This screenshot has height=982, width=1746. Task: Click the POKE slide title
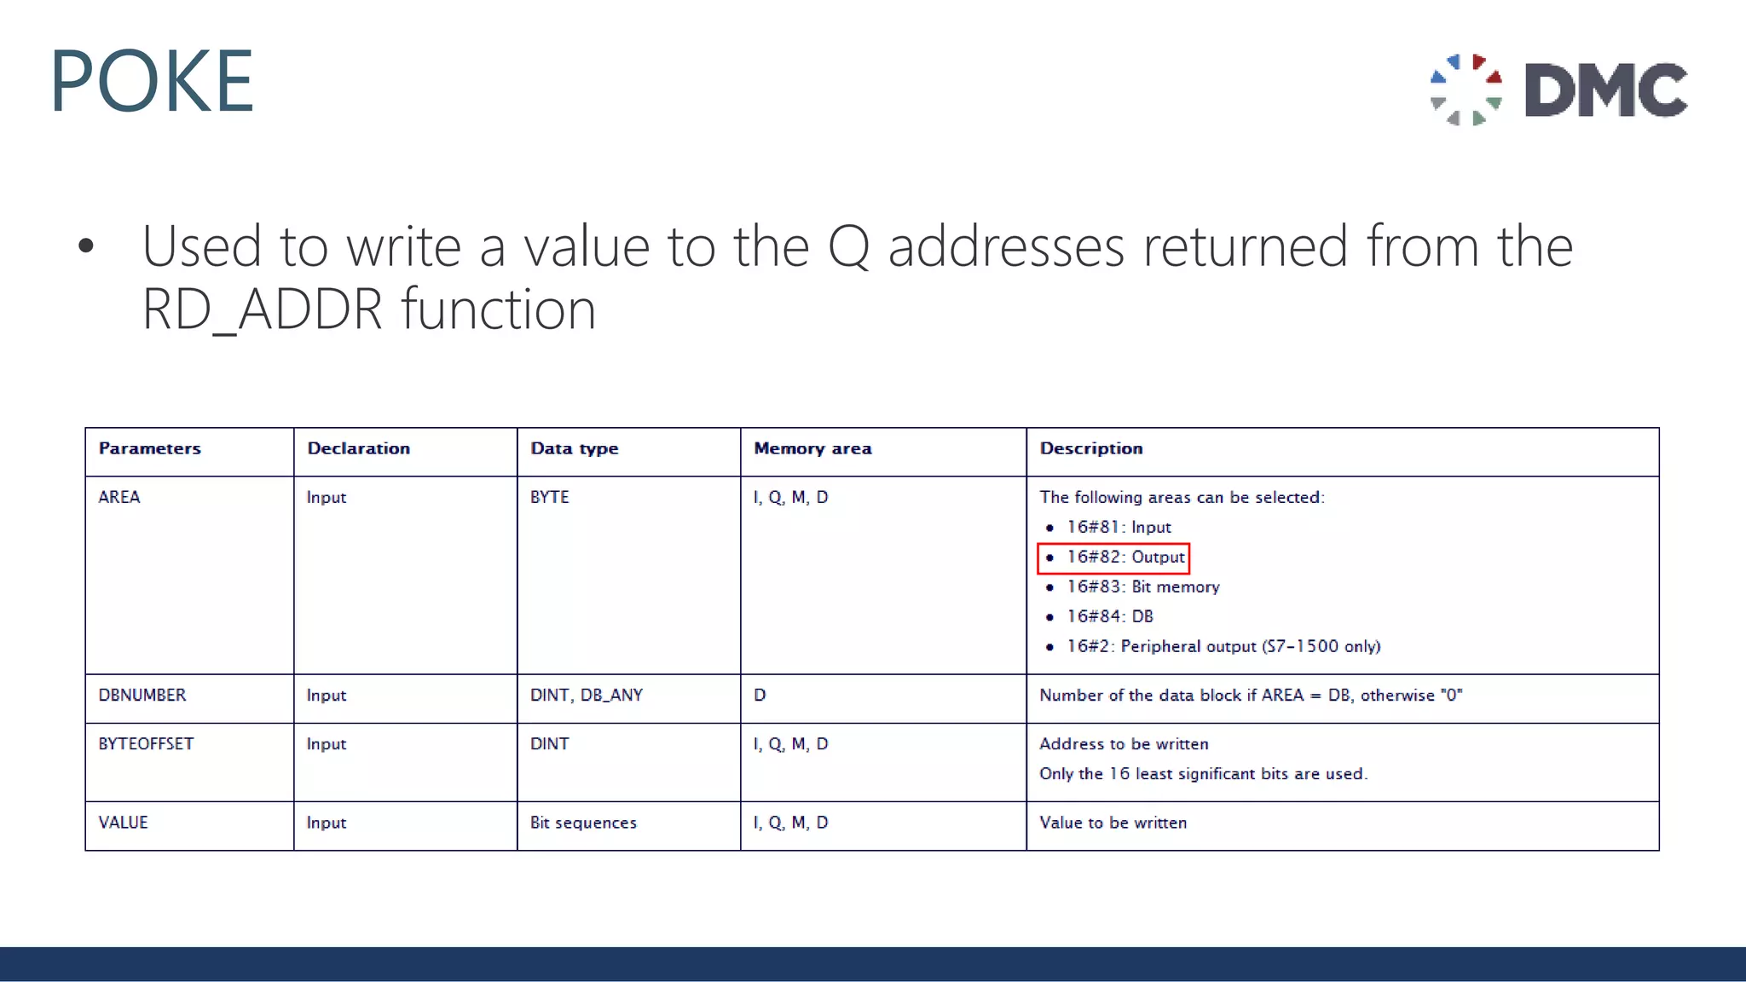tap(152, 81)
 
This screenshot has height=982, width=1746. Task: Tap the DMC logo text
tap(1605, 90)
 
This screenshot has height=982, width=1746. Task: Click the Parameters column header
tap(150, 448)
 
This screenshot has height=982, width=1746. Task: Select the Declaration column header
tap(358, 448)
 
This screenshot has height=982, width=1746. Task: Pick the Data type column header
tap(574, 448)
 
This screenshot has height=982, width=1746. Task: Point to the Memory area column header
tap(812, 448)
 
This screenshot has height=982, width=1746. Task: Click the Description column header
tap(1090, 448)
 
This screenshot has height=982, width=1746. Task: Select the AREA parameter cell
tap(119, 497)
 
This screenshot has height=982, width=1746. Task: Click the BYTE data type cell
tap(549, 497)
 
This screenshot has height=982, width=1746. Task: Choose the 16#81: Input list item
tap(1119, 528)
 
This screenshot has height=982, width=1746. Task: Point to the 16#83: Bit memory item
tap(1142, 587)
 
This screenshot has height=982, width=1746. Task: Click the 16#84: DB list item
tap(1109, 616)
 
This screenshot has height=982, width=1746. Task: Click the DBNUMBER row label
tap(142, 695)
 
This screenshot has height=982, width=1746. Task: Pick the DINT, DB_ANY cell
tap(587, 695)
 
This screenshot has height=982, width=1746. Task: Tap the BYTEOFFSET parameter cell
tap(146, 744)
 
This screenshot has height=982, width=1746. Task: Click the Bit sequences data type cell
tap(583, 823)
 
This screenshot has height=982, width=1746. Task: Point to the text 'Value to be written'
tap(1113, 823)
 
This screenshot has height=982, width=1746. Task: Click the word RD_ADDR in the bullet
tap(263, 309)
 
